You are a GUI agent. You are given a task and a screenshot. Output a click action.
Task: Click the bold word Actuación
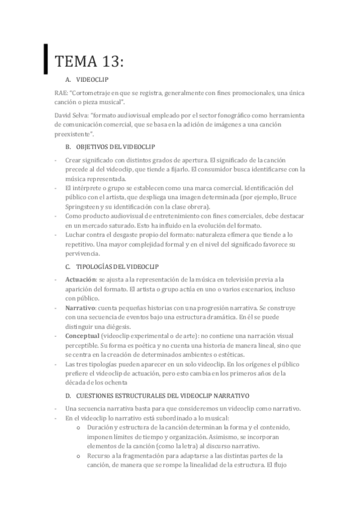point(81,280)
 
